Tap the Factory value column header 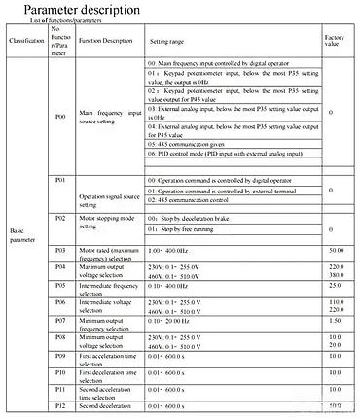[x=336, y=42]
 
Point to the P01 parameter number [x=60, y=181]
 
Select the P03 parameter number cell [x=60, y=251]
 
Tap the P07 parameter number [x=60, y=319]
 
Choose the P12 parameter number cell [x=60, y=404]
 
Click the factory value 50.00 [x=337, y=251]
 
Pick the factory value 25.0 [x=337, y=286]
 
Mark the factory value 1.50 [x=337, y=319]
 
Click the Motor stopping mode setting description [x=108, y=225]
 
